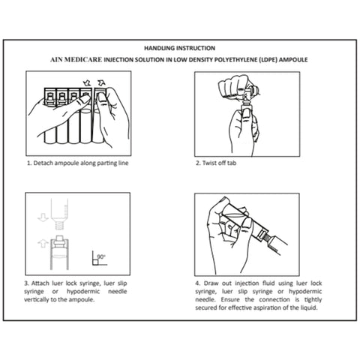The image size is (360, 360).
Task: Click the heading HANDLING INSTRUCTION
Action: click(x=179, y=48)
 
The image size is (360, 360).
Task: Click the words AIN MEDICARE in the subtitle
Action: click(x=76, y=60)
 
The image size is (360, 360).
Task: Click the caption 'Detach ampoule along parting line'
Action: click(x=81, y=163)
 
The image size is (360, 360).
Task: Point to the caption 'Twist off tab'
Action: click(x=219, y=163)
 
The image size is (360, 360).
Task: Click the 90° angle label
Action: click(x=101, y=256)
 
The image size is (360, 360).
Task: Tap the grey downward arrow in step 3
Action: click(x=43, y=217)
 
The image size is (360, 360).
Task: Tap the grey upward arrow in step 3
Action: click(x=43, y=244)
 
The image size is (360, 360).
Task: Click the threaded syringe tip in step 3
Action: click(x=59, y=226)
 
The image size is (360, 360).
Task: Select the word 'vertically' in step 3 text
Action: click(x=36, y=299)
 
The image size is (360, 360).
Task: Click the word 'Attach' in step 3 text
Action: click(x=40, y=283)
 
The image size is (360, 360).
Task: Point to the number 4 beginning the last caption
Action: click(x=197, y=283)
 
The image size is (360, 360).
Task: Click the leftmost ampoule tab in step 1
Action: click(x=50, y=96)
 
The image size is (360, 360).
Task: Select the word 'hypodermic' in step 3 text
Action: click(x=83, y=292)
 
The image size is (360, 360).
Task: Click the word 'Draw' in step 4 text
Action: click(x=211, y=283)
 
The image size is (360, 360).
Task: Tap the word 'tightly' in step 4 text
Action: click(x=313, y=300)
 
